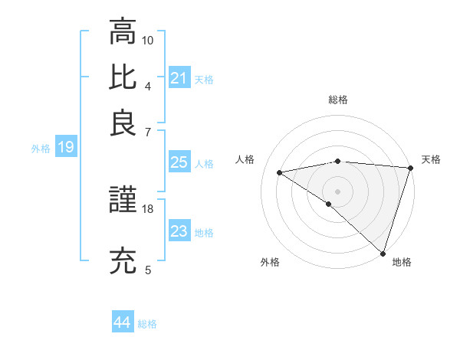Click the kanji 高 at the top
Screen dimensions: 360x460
click(x=123, y=32)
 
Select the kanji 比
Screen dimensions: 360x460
click(x=123, y=77)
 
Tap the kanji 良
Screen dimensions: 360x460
click(x=123, y=123)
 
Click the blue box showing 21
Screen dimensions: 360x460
click(x=179, y=77)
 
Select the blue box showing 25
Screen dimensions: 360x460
click(x=179, y=162)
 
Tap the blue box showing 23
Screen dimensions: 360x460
click(x=179, y=231)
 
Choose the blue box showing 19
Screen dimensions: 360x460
click(x=66, y=147)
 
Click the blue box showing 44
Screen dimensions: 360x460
click(x=123, y=322)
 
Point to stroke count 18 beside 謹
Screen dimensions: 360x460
click(x=148, y=208)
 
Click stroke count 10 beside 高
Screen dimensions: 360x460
click(x=148, y=39)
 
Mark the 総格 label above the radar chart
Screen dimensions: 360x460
click(x=337, y=100)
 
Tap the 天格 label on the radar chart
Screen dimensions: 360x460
click(x=431, y=159)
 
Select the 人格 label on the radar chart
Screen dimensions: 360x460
click(x=245, y=159)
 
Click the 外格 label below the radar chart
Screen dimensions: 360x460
click(x=270, y=262)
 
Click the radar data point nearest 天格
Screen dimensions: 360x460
click(x=410, y=167)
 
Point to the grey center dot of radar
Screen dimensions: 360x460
click(x=337, y=190)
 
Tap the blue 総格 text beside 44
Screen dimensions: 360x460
click(x=147, y=324)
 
